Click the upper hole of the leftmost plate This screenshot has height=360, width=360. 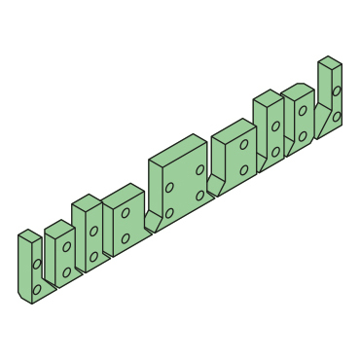[37, 264]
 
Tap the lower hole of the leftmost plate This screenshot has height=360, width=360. [37, 288]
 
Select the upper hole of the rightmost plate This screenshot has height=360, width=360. [337, 91]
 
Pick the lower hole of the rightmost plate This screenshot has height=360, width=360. [337, 116]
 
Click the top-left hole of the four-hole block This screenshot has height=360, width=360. [169, 187]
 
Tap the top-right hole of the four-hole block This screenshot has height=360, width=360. [199, 170]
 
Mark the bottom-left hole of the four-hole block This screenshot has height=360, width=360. [169, 212]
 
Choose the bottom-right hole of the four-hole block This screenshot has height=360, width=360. [199, 196]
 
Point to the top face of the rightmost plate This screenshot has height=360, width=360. [330, 62]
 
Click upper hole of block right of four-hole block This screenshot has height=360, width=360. [244, 144]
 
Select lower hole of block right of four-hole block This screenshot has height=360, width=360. [244, 169]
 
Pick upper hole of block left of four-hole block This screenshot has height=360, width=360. [126, 213]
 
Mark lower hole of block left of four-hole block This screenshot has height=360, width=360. [126, 238]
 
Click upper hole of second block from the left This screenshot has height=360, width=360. [67, 247]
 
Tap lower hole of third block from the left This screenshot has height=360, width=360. [93, 257]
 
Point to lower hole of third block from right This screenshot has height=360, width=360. [275, 152]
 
